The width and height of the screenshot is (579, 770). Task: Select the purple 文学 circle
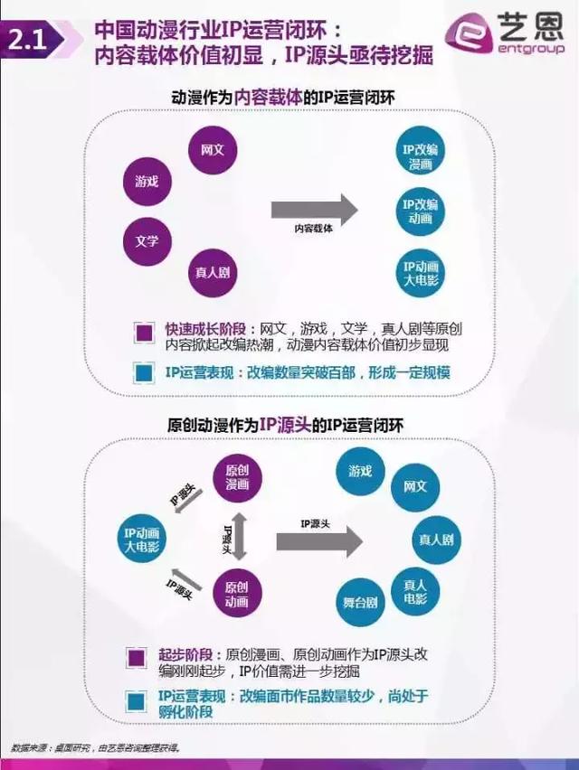[147, 240]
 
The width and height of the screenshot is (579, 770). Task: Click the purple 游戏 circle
[147, 181]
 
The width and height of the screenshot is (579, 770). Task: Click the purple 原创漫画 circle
[237, 478]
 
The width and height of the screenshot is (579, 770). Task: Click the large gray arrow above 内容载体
[314, 209]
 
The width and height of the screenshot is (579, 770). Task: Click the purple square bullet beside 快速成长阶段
[142, 333]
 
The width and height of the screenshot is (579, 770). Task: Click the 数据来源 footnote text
[95, 747]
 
